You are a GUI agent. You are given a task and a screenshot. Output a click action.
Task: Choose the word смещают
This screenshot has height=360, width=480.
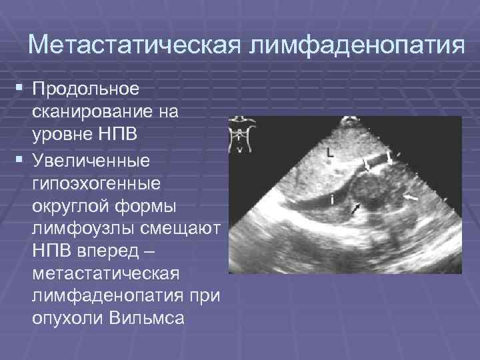click(186, 229)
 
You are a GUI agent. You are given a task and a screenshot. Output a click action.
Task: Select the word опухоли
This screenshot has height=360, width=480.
click(66, 320)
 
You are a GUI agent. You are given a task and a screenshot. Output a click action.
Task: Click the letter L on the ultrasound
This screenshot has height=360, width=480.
click(329, 153)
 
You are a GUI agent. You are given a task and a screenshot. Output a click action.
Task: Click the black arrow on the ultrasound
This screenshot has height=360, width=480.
click(355, 209)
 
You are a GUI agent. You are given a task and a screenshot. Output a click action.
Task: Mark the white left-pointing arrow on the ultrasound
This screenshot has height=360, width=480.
click(411, 198)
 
